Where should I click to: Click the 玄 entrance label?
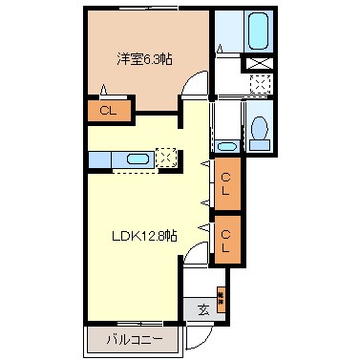coord(203,308)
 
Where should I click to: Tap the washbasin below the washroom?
coord(226,146)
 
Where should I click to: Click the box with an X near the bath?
coord(258,63)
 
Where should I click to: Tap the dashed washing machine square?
coord(258,84)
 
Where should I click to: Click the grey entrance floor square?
coord(203,308)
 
